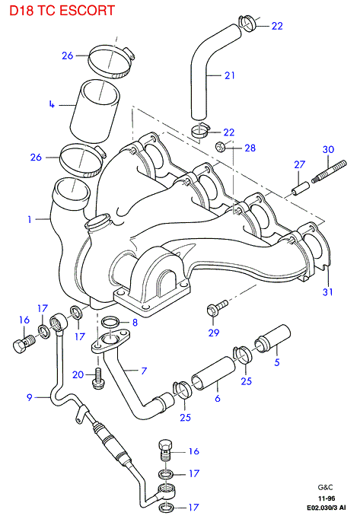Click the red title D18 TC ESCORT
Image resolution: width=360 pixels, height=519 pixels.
tap(62, 10)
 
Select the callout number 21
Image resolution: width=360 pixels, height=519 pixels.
tap(230, 75)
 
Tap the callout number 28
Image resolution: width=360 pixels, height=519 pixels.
tap(250, 148)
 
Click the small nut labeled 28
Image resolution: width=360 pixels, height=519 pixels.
tap(220, 146)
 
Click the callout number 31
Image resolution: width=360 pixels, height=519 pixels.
tap(327, 292)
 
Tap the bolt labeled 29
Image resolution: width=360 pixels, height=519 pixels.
tap(217, 307)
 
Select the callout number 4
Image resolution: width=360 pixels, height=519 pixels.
tap(52, 104)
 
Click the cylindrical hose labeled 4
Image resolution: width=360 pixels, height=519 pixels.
tap(95, 111)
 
